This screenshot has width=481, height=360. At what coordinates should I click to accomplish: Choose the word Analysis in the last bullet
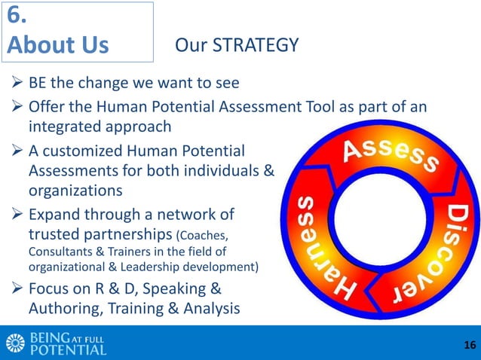(203, 308)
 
